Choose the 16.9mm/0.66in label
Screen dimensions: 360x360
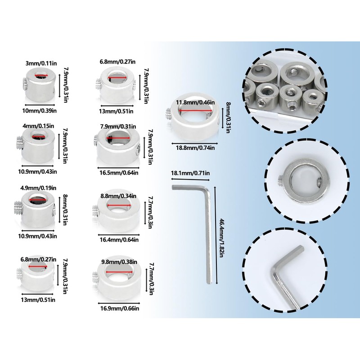pyautogui.click(x=119, y=308)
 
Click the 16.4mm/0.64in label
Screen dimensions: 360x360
pyautogui.click(x=118, y=239)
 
